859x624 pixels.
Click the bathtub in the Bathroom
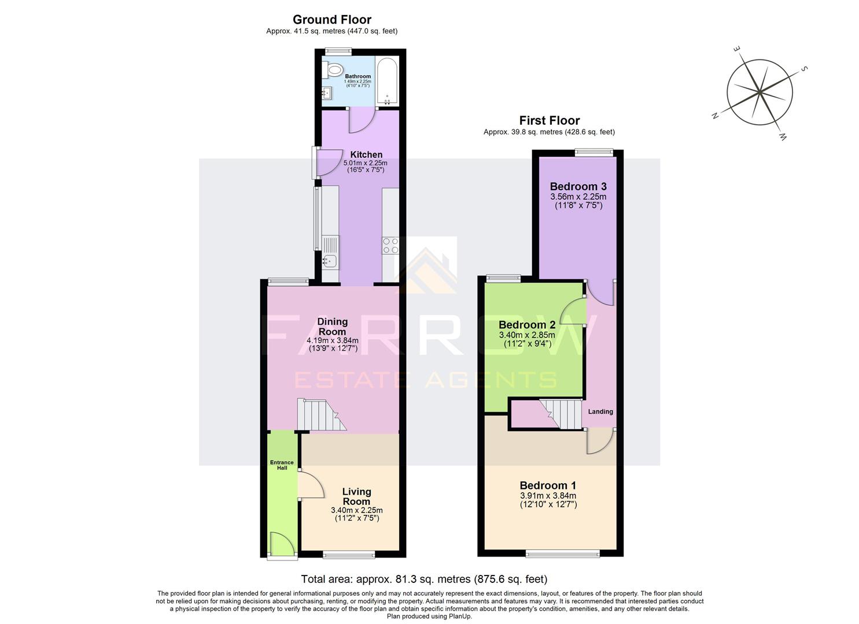tap(386, 81)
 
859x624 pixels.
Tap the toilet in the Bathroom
tap(333, 71)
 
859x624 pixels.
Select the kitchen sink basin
tap(330, 261)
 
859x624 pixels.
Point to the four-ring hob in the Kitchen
tap(390, 246)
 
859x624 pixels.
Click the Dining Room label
tap(332, 326)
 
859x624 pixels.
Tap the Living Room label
tap(356, 496)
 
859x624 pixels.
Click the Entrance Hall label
tap(282, 465)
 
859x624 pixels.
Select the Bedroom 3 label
tap(578, 186)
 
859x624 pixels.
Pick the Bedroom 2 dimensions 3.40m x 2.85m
tap(526, 335)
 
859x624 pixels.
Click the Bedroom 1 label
tap(547, 485)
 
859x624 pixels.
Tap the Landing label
tap(600, 411)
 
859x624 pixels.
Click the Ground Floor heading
tap(331, 20)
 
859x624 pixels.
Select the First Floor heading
tap(549, 121)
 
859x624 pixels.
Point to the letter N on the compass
tap(715, 116)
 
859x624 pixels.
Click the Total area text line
tap(424, 579)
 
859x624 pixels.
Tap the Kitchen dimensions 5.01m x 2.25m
tap(366, 163)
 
